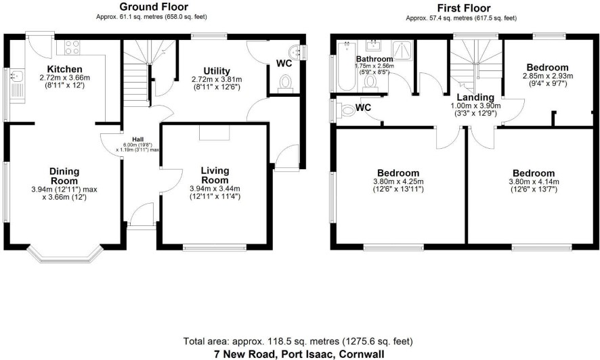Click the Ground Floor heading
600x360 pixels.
coord(154,7)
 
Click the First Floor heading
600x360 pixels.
coord(464,7)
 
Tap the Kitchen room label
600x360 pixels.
coord(64,69)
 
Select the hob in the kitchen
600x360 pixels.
coord(72,48)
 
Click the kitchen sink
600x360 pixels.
coord(17,86)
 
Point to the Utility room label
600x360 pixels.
coord(217,71)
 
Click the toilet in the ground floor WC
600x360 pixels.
coord(285,84)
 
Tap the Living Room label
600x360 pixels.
coord(215,175)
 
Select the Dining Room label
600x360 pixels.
coord(64,176)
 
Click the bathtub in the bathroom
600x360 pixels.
coord(347,66)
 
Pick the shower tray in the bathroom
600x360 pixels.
coord(402,51)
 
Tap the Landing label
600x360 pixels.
coord(475,97)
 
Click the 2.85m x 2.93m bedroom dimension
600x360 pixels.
coord(548,76)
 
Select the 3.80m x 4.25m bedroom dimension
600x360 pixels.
coord(398,181)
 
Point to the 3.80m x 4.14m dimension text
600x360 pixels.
coord(534,181)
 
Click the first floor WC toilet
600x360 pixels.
coord(345,111)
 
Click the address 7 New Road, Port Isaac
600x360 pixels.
coord(299,354)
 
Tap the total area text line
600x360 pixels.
coord(298,341)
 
